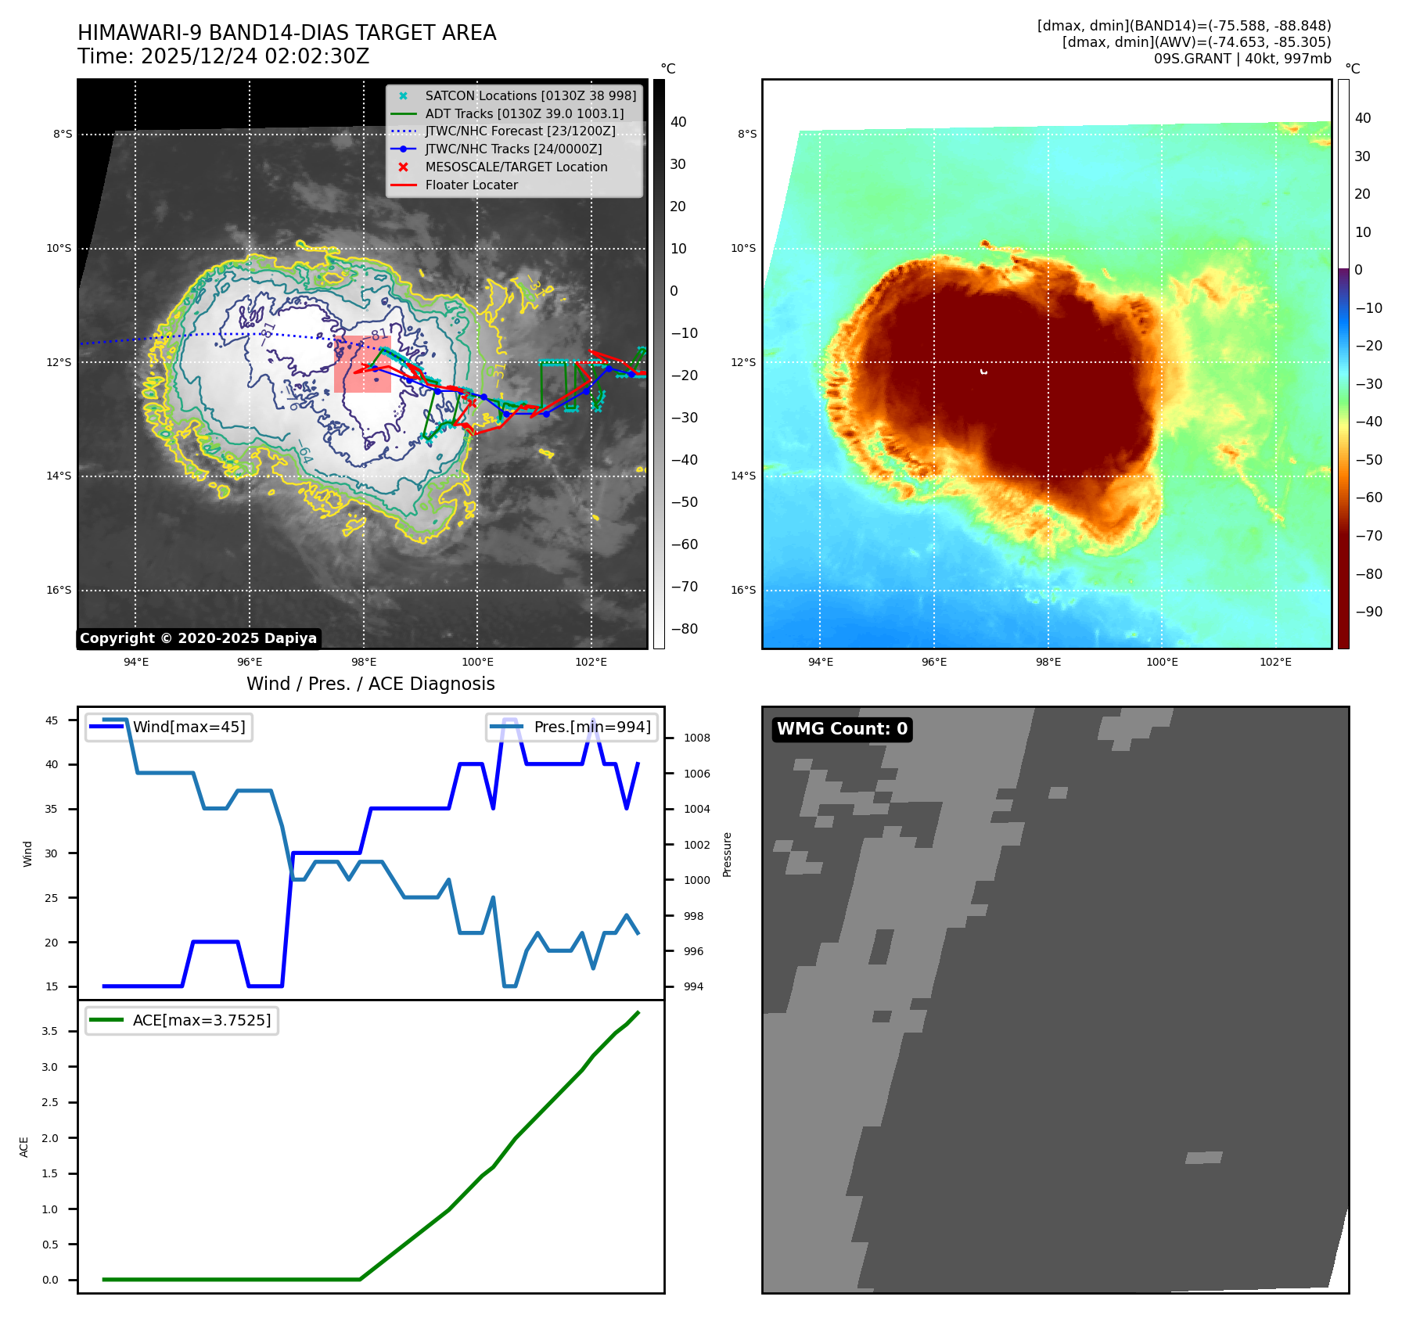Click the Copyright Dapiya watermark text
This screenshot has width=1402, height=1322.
click(x=198, y=638)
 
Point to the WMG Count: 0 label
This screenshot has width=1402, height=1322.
click(x=842, y=729)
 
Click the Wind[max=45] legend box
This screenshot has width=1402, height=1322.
click(x=169, y=727)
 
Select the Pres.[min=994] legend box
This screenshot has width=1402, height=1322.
click(x=572, y=727)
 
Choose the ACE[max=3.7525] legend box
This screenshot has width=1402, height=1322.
click(x=182, y=1020)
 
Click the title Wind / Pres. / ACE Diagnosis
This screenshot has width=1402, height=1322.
click(x=370, y=684)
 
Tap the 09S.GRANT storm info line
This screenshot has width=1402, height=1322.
click(x=1242, y=59)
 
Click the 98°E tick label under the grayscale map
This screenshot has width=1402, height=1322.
click(x=364, y=662)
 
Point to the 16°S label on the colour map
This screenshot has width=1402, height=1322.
click(x=743, y=590)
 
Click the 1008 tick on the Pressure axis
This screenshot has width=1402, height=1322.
click(x=696, y=738)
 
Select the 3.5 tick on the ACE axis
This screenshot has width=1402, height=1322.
click(x=50, y=1031)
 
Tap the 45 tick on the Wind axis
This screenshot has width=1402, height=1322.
click(x=52, y=720)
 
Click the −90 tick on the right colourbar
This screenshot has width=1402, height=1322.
click(x=1368, y=612)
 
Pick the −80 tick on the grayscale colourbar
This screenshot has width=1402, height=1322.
click(x=684, y=629)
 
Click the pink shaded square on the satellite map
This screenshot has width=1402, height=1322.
click(x=362, y=365)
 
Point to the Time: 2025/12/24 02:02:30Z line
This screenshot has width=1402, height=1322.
click(x=223, y=56)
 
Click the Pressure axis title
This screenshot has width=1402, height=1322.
click(x=727, y=854)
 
